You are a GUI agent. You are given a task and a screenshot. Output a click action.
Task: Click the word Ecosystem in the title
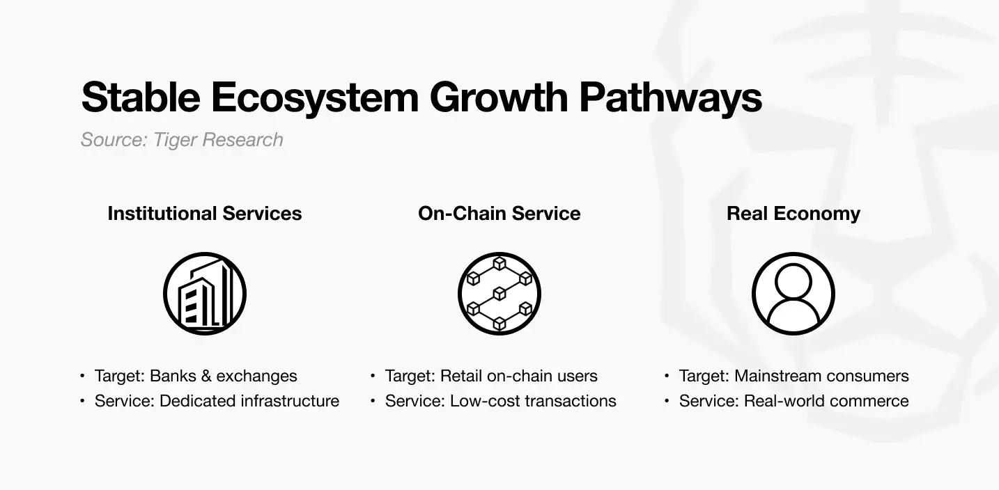(x=315, y=98)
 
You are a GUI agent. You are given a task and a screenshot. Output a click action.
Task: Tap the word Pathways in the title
(x=670, y=98)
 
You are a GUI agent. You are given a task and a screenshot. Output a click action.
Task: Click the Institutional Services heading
(x=205, y=214)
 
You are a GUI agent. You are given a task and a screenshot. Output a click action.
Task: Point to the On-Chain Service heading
(x=499, y=214)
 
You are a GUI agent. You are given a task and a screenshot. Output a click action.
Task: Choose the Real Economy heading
(x=793, y=214)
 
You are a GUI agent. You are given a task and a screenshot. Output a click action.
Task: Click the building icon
(x=205, y=294)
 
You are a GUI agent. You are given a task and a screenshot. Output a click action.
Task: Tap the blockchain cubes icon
(x=499, y=294)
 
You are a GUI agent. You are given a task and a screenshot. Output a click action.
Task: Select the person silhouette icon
(x=793, y=294)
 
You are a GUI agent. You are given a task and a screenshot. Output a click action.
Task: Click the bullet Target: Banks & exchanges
(x=196, y=376)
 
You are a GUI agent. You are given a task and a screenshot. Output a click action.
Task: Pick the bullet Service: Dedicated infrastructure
(x=217, y=401)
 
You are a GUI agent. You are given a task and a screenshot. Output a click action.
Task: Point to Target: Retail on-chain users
(x=491, y=376)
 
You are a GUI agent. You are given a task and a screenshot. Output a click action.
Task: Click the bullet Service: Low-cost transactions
(x=500, y=401)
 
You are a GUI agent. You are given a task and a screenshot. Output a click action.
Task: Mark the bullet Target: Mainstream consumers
(x=794, y=376)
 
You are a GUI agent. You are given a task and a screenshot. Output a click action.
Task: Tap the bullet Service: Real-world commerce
(x=794, y=401)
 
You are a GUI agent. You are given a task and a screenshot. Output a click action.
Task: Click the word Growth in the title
(x=499, y=97)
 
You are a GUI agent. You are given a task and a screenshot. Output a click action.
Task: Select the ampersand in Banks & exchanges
(x=206, y=377)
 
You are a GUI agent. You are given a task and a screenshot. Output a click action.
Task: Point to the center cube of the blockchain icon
(x=499, y=294)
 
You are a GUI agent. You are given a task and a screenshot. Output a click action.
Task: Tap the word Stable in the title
(x=141, y=97)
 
